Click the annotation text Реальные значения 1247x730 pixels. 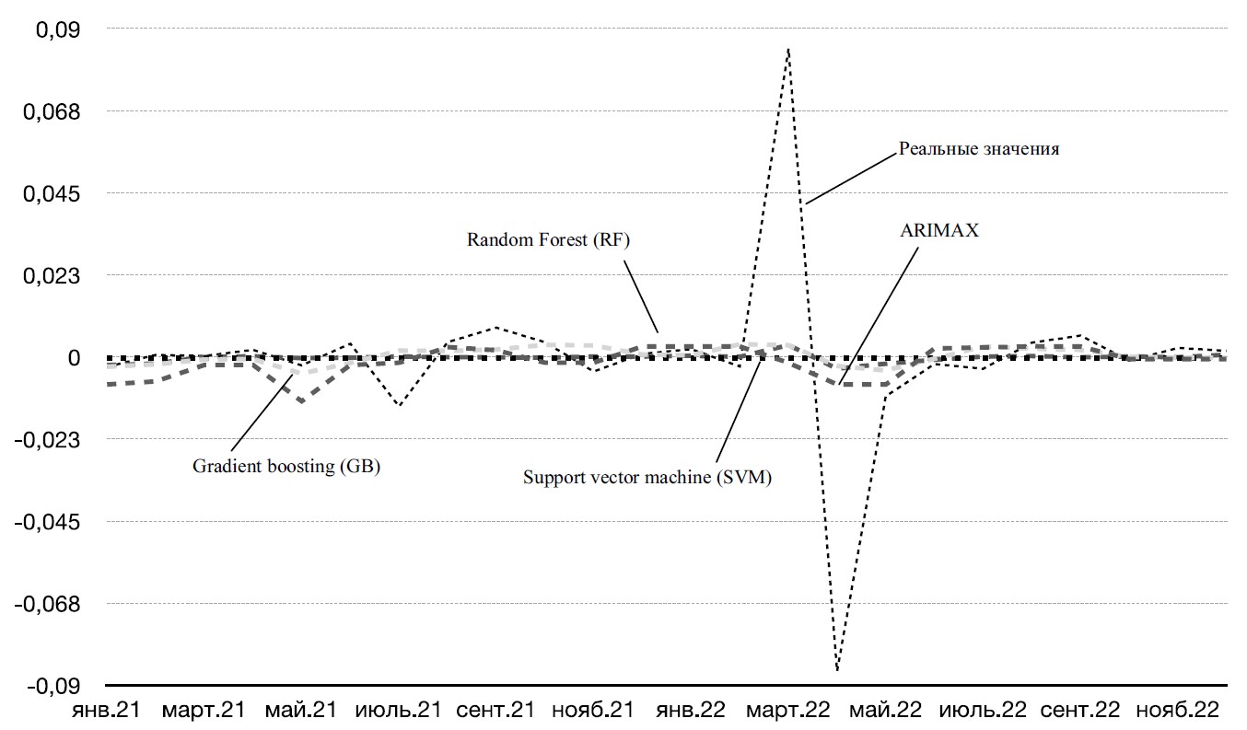[x=979, y=149]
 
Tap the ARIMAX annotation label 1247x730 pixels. [x=939, y=231]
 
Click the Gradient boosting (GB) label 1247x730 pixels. [x=286, y=466]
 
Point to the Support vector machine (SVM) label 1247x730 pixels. [x=647, y=477]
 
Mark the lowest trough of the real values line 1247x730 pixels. [x=837, y=671]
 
